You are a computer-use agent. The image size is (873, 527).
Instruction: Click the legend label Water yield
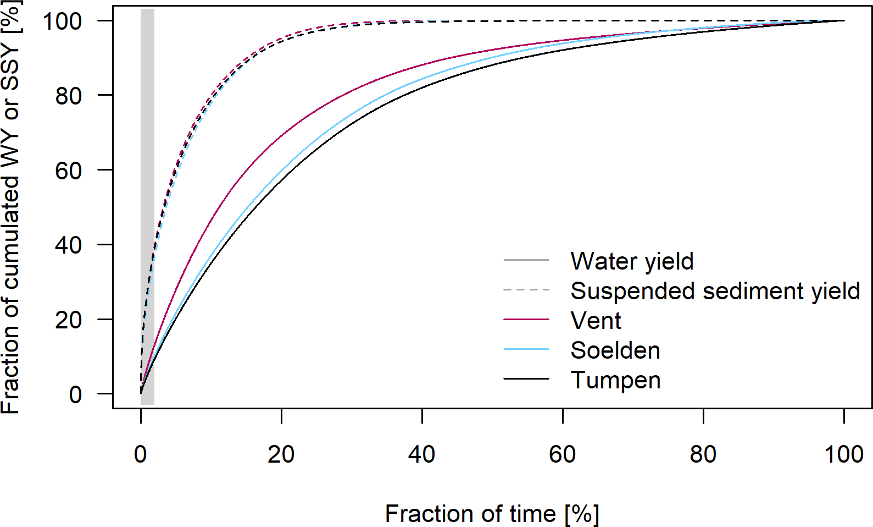point(632,261)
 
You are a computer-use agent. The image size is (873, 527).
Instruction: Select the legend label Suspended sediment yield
point(715,291)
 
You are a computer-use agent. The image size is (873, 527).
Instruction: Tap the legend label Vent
point(596,321)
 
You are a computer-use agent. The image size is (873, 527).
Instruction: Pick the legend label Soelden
point(615,350)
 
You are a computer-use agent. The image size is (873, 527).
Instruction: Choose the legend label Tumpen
point(615,380)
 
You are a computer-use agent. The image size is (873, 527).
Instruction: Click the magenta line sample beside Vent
point(526,320)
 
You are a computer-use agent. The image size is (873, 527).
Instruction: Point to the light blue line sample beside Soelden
point(526,349)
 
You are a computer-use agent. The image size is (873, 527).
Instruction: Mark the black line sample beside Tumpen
point(526,379)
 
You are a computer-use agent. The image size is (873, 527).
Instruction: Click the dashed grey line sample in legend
point(526,289)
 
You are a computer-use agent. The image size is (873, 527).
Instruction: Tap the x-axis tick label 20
point(281,454)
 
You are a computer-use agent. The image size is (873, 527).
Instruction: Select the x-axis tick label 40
point(422,454)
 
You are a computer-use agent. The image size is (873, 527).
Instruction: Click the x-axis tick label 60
point(563,454)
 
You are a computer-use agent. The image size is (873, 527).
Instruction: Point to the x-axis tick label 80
point(703,454)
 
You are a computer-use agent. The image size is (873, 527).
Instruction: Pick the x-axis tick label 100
point(844,454)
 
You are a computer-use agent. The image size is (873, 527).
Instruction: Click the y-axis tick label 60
point(69,171)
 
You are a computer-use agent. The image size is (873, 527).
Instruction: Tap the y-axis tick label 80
point(69,96)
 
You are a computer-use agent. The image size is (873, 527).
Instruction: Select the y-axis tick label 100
point(62,21)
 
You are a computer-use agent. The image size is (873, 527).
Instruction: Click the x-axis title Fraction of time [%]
point(492,514)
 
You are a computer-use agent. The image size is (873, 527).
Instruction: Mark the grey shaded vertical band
point(147,275)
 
